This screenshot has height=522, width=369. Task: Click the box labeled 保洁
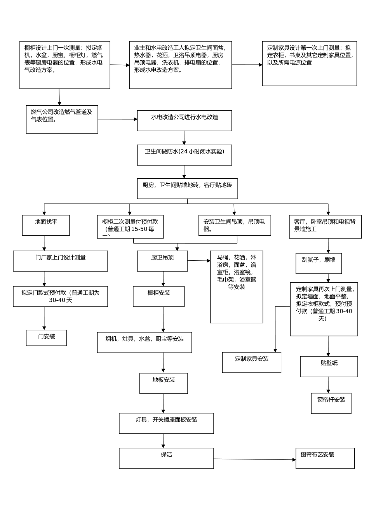(x=166, y=458)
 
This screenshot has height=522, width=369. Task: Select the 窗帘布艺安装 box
(x=325, y=458)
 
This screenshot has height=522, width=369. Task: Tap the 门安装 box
(x=46, y=338)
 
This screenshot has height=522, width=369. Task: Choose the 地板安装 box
(x=164, y=383)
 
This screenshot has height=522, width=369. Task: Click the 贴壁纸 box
(x=329, y=367)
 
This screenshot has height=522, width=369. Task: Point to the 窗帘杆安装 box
(x=331, y=403)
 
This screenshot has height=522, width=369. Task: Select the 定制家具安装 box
(x=251, y=362)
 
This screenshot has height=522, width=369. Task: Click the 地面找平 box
(x=46, y=225)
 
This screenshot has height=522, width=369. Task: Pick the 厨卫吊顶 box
(x=162, y=261)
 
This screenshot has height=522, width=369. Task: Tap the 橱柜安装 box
(x=158, y=296)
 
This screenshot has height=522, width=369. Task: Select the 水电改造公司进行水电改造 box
(x=184, y=121)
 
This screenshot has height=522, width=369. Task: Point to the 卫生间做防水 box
(x=184, y=155)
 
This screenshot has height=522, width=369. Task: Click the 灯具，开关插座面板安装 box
(x=166, y=423)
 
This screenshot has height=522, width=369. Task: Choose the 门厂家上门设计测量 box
(x=60, y=261)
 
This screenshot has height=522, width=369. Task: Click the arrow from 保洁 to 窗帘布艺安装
(x=254, y=459)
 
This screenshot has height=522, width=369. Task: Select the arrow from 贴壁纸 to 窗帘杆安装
(x=329, y=385)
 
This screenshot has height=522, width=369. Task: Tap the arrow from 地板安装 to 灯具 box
(x=163, y=403)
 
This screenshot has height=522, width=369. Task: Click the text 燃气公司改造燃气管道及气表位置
(x=62, y=116)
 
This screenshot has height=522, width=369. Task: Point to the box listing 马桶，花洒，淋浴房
(x=237, y=287)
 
